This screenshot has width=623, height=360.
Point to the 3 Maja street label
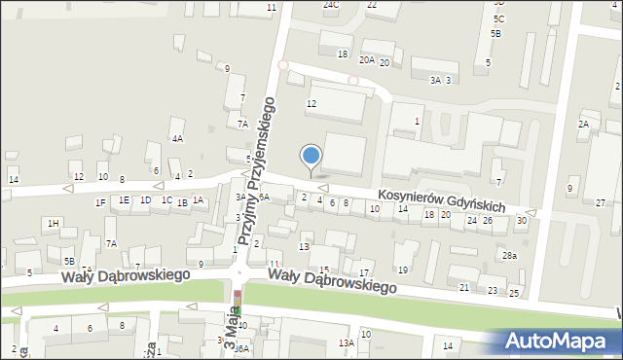(231, 332)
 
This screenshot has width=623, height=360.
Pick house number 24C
(331, 5)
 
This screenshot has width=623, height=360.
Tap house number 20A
(366, 60)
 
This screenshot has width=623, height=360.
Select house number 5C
(498, 18)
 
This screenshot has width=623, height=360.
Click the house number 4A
(177, 138)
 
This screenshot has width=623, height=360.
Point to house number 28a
(509, 255)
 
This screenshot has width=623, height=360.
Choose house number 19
(402, 270)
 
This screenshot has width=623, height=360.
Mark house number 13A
(346, 342)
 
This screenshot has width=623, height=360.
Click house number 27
(601, 202)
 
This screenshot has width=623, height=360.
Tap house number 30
(522, 220)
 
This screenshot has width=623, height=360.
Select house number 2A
(583, 125)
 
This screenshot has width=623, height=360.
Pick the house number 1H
(54, 224)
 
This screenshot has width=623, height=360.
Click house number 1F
(100, 202)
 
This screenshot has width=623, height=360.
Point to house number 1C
(166, 200)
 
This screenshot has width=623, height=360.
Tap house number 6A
(263, 197)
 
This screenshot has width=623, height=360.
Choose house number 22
(371, 5)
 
